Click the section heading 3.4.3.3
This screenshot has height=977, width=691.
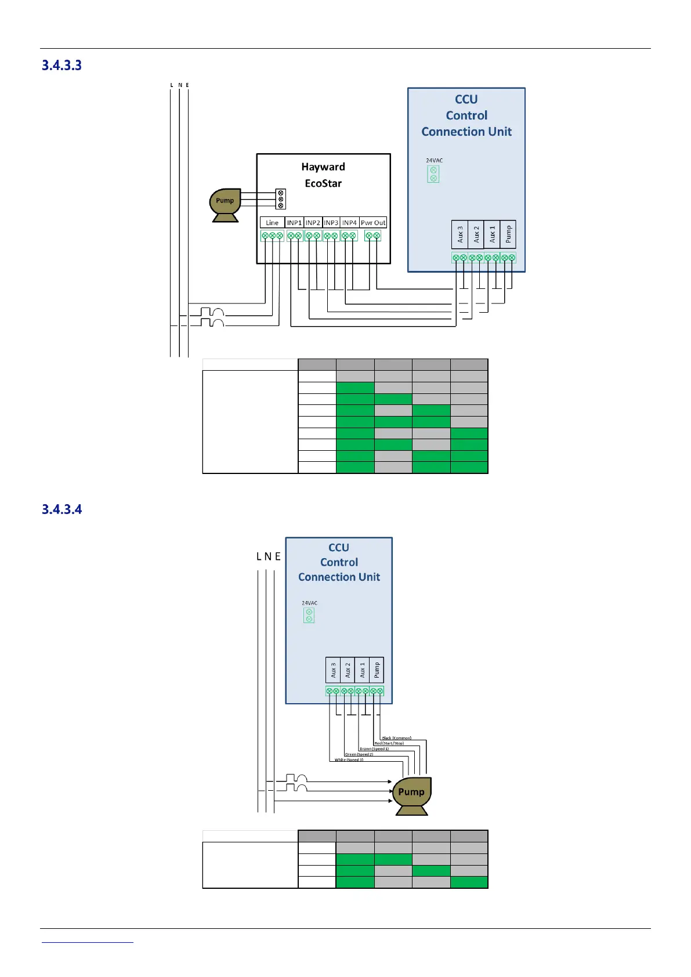coord(61,66)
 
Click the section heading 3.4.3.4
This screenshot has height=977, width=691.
coord(61,509)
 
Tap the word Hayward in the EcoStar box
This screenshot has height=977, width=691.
coord(323,167)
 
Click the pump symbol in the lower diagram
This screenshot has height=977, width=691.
coord(412,795)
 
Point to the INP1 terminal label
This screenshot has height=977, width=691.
coord(294,223)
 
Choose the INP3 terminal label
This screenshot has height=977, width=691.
coord(331,223)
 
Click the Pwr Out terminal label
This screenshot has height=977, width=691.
coord(373,223)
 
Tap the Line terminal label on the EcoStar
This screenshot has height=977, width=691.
coord(272,223)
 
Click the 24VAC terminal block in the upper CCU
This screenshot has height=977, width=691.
coord(433,174)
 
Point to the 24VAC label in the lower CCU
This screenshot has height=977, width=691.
coord(309,603)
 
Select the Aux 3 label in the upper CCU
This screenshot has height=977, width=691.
coord(460,234)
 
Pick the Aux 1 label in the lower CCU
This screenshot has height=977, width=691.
coord(362,670)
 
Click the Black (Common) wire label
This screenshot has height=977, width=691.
coord(396,738)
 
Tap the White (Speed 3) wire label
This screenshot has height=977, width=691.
coord(349,759)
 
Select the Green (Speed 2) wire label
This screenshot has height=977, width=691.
coord(359,754)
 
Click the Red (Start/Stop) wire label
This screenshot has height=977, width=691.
coord(389,743)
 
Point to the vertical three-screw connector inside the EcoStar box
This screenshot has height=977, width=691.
coord(281,199)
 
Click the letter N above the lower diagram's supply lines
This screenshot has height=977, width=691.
coord(267,556)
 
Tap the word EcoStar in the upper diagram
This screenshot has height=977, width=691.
coord(323,183)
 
